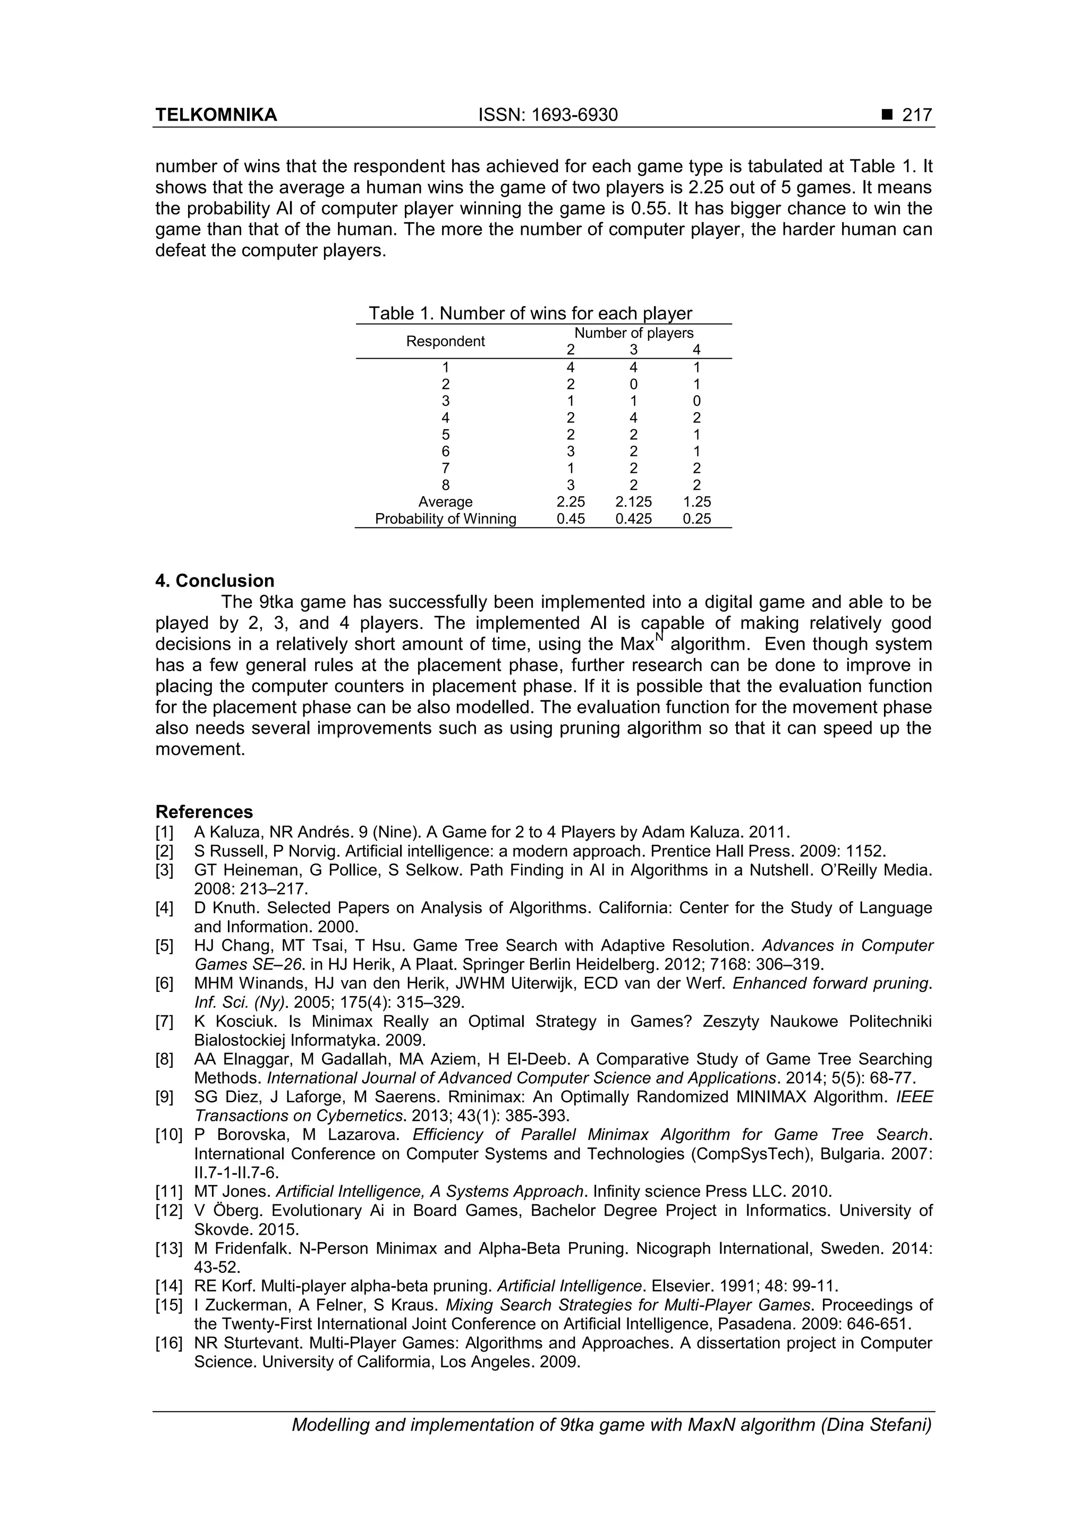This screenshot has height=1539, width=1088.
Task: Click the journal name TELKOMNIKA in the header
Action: [216, 115]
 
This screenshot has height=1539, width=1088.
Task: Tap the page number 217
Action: [916, 115]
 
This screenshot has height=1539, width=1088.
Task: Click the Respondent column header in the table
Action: [445, 341]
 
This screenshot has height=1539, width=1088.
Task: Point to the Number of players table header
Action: [633, 333]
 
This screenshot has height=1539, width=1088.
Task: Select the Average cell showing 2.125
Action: [633, 502]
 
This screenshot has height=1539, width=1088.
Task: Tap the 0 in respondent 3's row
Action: [696, 401]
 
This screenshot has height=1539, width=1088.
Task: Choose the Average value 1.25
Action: [696, 502]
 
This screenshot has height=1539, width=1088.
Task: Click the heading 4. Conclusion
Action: [215, 581]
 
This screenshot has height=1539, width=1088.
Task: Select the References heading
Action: [204, 812]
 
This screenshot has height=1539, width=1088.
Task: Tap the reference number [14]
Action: [168, 1286]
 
